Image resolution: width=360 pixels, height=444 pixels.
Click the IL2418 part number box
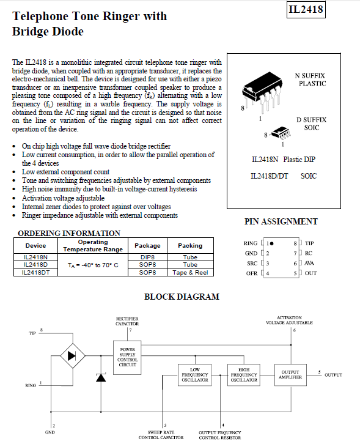click(306, 9)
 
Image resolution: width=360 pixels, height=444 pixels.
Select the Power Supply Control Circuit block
click(127, 357)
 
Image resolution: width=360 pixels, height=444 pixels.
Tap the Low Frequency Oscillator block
click(195, 375)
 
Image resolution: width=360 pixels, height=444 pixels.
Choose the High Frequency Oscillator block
click(244, 375)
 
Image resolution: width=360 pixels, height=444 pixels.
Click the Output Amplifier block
click(290, 375)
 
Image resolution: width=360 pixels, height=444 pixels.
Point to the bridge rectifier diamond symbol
click(73, 356)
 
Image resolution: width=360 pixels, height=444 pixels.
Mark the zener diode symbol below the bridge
click(101, 377)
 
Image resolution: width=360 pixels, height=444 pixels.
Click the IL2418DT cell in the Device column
click(35, 272)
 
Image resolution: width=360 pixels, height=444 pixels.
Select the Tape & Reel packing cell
click(190, 272)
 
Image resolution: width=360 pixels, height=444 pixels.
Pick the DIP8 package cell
click(147, 257)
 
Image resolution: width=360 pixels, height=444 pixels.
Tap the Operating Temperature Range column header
click(93, 245)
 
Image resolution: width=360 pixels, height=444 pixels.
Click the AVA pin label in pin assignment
click(309, 263)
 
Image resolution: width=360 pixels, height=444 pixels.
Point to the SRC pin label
click(252, 264)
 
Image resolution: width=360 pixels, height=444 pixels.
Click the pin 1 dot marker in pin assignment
click(272, 243)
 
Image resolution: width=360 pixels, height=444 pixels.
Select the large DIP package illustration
click(262, 91)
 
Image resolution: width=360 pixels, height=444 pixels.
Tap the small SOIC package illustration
click(281, 133)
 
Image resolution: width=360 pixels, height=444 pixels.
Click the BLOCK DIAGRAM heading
click(182, 297)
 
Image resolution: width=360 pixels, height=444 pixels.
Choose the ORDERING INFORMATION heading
click(69, 234)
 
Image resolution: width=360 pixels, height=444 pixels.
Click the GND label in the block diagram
click(50, 432)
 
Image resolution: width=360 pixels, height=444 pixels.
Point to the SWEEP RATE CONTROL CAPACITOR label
click(161, 435)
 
